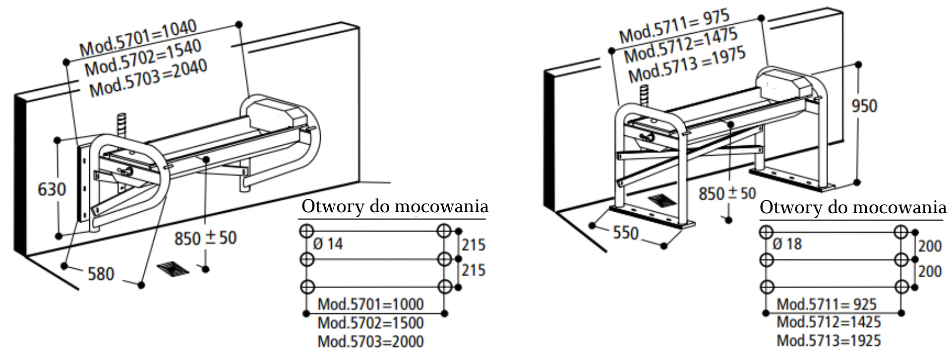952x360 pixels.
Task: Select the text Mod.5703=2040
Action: tap(148, 78)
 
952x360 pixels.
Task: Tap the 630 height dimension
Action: tap(52, 189)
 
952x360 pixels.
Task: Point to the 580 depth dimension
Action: tap(101, 273)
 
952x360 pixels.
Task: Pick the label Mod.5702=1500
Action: tap(370, 323)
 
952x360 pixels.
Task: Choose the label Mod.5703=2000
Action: tap(370, 342)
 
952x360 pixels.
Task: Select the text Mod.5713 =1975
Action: tap(687, 66)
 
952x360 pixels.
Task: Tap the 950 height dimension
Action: tap(864, 106)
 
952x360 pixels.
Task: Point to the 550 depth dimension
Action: tap(626, 233)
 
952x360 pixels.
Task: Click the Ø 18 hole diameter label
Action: tap(787, 244)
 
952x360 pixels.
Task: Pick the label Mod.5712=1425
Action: tap(829, 322)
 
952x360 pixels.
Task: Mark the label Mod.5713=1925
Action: tap(829, 341)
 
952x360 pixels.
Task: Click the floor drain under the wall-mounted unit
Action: tap(173, 269)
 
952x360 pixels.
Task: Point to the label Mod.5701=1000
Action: tap(370, 304)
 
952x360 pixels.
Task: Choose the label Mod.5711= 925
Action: tap(827, 304)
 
